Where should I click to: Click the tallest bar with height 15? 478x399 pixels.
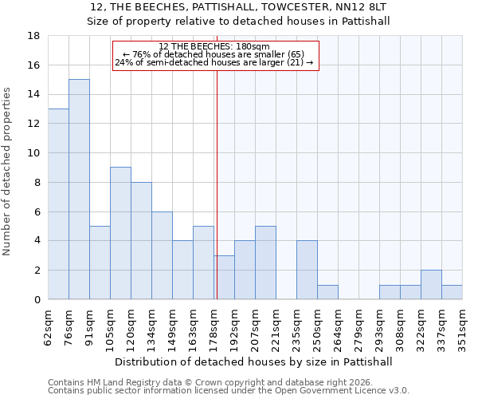(79, 189)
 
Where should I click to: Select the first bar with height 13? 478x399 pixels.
(58, 203)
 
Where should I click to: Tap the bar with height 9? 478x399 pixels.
(120, 233)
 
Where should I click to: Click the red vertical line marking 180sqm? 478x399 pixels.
(217, 184)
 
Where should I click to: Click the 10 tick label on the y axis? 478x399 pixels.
(34, 153)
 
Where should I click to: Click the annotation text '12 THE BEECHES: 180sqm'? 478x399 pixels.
(214, 46)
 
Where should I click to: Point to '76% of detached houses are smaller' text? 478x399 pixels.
(214, 54)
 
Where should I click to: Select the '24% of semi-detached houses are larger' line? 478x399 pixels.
(214, 62)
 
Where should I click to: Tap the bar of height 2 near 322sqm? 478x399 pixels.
(431, 285)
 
